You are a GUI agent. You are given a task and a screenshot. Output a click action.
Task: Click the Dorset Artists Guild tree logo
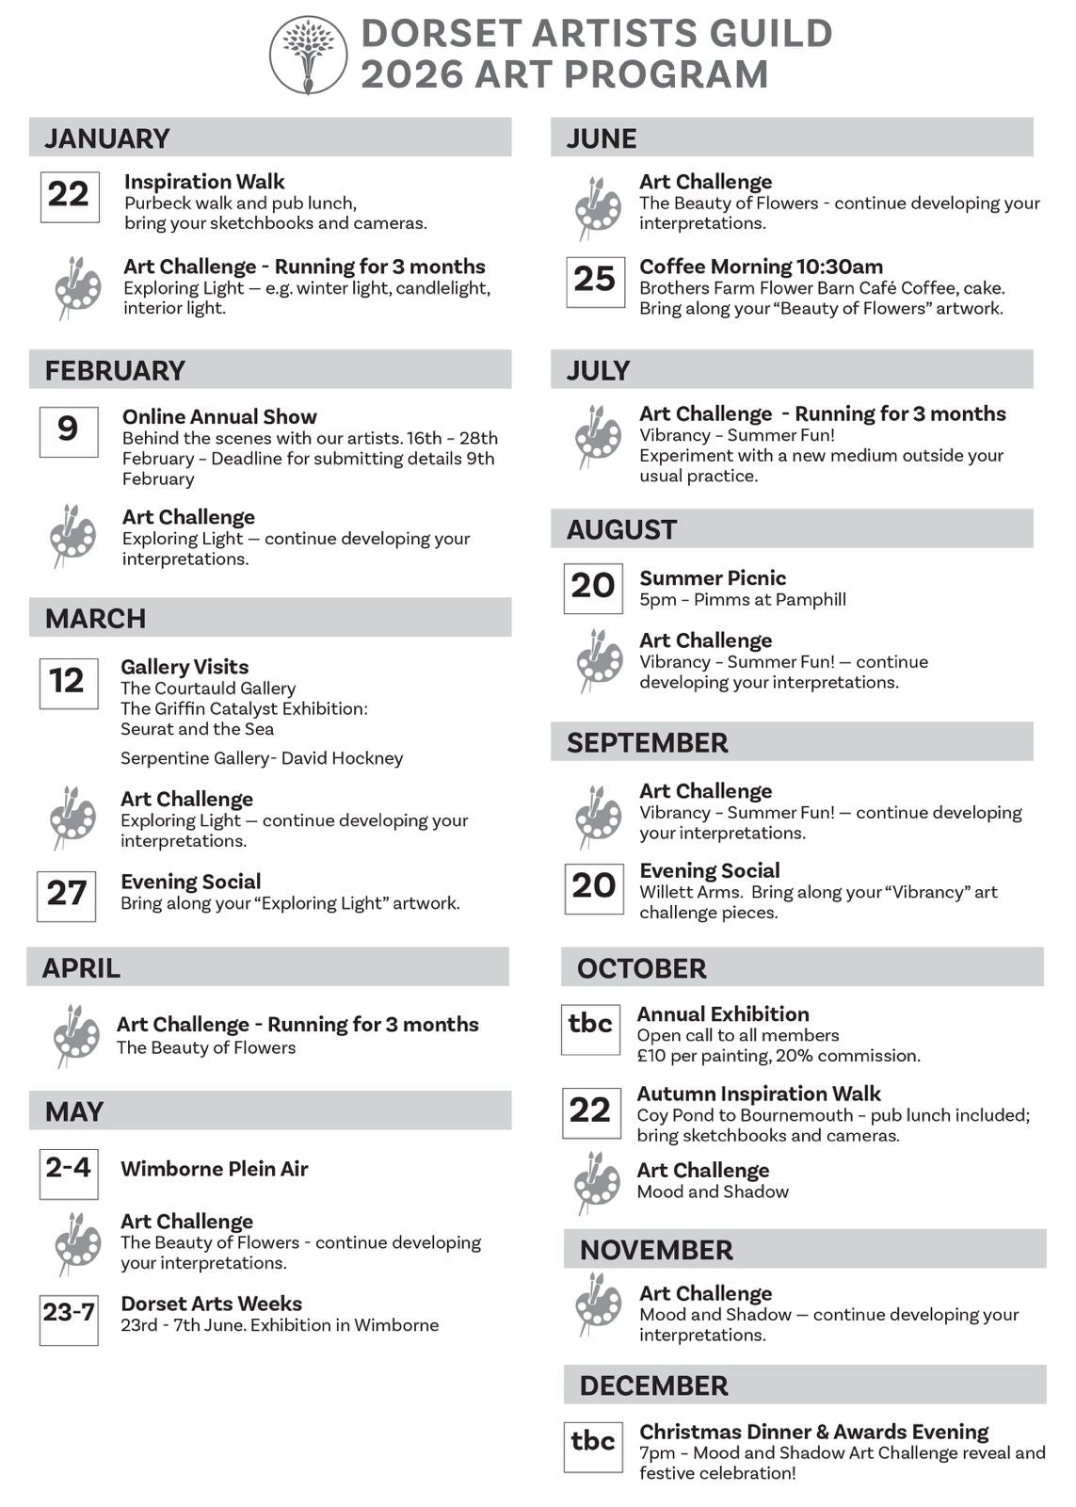pos(308,55)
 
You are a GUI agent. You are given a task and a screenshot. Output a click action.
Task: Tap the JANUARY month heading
pos(106,138)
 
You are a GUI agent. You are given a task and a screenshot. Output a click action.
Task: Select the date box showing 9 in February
pos(68,430)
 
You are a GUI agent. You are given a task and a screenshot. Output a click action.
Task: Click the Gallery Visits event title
pos(185,667)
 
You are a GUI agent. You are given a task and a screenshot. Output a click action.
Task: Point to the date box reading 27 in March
pos(67,895)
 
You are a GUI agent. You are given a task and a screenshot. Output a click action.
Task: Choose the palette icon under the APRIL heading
pos(75,1035)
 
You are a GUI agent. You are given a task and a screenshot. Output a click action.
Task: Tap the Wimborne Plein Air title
pos(215,1169)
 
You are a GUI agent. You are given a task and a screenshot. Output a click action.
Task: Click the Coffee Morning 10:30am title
pos(761,267)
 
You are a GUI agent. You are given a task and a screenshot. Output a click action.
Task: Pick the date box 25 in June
pos(594,280)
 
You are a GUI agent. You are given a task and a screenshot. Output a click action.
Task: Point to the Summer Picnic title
pos(713,578)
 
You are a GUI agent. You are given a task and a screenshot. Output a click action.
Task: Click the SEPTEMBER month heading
pos(647,742)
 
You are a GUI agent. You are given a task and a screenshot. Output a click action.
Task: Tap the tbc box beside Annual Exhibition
pos(590,1028)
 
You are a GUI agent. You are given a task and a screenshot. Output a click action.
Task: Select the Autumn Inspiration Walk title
pos(759,1094)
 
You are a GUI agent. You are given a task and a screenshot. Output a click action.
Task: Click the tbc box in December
pos(592,1446)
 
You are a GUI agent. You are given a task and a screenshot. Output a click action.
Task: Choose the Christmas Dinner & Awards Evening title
pos(813,1432)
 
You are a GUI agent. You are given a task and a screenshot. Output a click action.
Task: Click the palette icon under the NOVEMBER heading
pos(599,1304)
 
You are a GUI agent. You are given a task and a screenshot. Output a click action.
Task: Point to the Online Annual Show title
pos(219,416)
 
